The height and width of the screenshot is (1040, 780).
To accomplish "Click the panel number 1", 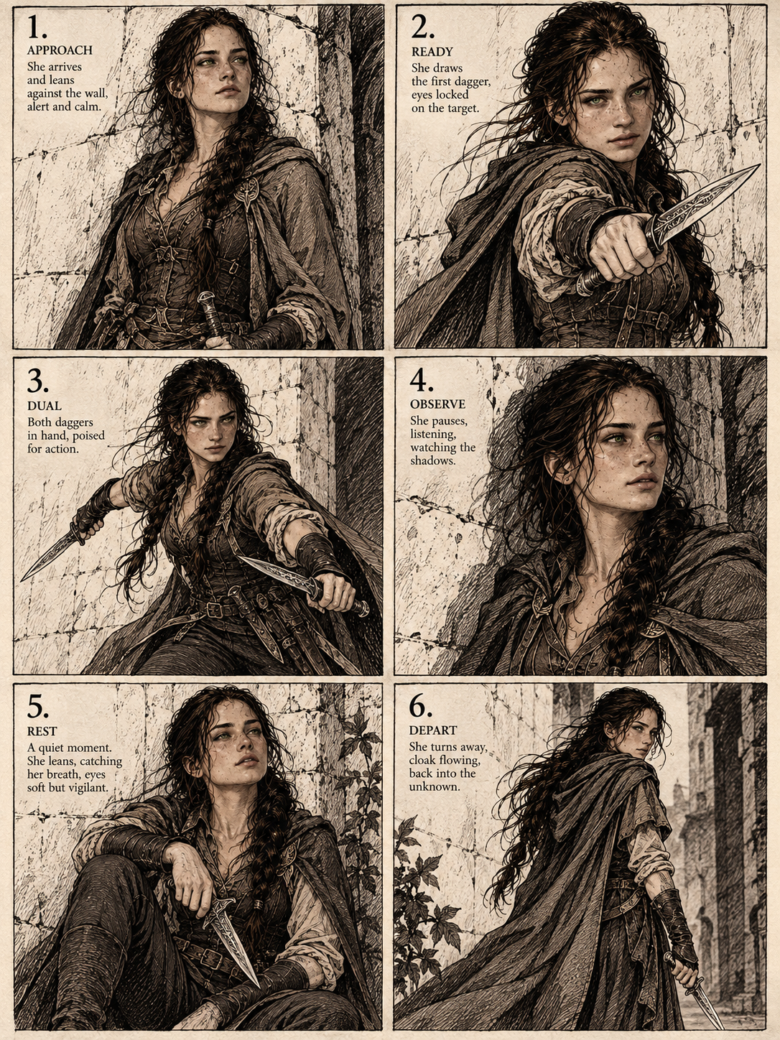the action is coord(36,27).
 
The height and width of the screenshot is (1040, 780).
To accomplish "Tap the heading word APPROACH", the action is coord(60,50).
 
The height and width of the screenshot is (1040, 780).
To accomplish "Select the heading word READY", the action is coord(432,52).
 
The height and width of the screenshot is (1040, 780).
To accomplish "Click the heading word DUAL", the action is coord(45,406).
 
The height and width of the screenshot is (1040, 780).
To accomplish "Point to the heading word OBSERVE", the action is coord(437,404).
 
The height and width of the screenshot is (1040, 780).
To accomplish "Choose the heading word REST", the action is coord(42,732).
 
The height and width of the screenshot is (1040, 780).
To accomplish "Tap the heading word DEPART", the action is coord(433,730).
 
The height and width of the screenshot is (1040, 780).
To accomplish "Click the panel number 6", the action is coord(421,707).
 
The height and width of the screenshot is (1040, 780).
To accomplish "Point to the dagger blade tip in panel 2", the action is coord(760,165).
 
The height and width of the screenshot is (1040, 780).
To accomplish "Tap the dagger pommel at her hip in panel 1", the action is coord(206,298).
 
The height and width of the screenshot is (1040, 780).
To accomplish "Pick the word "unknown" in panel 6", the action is coord(435,787).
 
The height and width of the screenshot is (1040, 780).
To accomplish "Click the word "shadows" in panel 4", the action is coord(433,460).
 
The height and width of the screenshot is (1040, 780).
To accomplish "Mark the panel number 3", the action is coord(38,380).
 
